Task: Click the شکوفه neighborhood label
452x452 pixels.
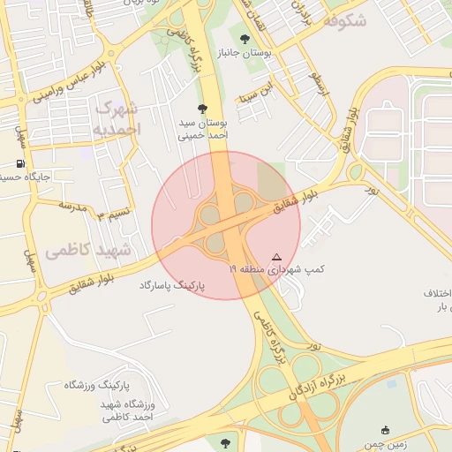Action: pyautogui.click(x=345, y=20)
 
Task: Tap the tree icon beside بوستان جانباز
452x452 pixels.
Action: pyautogui.click(x=244, y=38)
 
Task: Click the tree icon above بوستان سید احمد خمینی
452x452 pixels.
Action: pyautogui.click(x=203, y=109)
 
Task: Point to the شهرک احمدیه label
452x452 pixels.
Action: pyautogui.click(x=116, y=119)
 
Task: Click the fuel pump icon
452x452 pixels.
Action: pyautogui.click(x=19, y=163)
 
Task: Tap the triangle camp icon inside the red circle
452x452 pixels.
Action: pyautogui.click(x=277, y=255)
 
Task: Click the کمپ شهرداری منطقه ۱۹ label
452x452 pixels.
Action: pyautogui.click(x=278, y=268)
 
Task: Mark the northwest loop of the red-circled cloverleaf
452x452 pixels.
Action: pyautogui.click(x=209, y=213)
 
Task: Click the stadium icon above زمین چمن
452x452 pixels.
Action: pyautogui.click(x=384, y=430)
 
